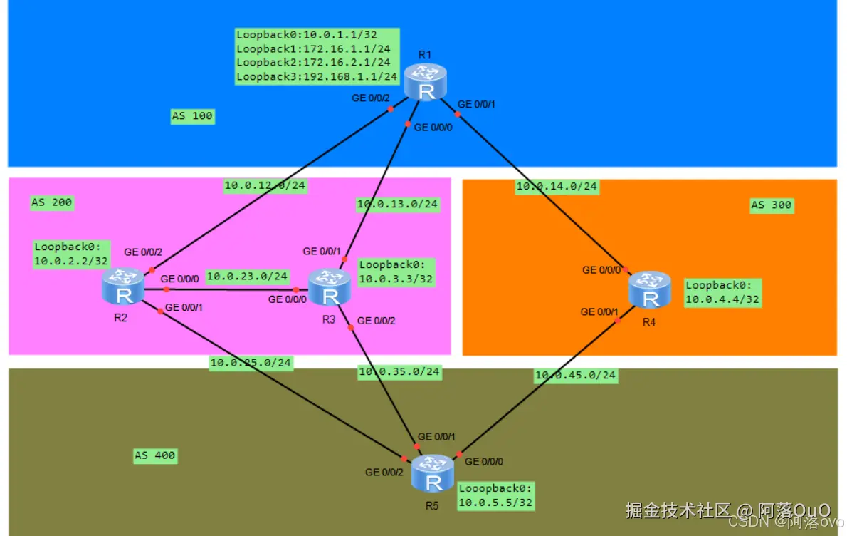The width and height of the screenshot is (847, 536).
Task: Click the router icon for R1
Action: tap(426, 82)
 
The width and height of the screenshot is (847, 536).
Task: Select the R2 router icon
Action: tap(123, 287)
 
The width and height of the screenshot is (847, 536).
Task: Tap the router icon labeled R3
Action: tap(329, 288)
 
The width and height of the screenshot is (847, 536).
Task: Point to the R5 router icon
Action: tap(433, 474)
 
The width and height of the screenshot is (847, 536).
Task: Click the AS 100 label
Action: tap(192, 116)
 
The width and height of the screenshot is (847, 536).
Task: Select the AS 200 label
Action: tap(52, 202)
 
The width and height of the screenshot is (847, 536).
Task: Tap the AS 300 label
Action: tap(772, 205)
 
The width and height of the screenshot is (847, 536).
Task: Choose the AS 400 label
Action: tap(155, 455)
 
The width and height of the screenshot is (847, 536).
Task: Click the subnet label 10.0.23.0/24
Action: tap(247, 276)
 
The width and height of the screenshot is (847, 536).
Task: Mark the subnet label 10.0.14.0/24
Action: tap(557, 187)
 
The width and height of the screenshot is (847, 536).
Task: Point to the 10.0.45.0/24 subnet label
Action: tap(576, 375)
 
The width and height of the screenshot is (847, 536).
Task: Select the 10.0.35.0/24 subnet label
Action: tap(400, 371)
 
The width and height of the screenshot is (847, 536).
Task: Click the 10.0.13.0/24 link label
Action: tap(398, 205)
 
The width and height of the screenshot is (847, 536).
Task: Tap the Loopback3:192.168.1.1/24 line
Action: tap(317, 76)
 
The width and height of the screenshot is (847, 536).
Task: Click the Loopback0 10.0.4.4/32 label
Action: tap(723, 292)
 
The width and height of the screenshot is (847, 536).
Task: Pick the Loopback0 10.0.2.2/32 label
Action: tap(71, 254)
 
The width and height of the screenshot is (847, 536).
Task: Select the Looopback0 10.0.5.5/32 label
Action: tap(495, 495)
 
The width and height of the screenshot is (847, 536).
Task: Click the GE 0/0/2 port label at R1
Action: tap(371, 98)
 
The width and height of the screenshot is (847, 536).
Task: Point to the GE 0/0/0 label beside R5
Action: tap(484, 462)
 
